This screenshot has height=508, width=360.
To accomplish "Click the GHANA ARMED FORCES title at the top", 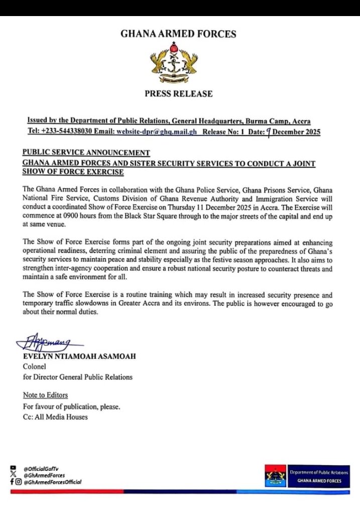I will pos(178,34).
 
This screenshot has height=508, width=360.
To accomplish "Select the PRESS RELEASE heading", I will pos(178,94).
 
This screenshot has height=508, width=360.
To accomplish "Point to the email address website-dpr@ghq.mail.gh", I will pos(157,132).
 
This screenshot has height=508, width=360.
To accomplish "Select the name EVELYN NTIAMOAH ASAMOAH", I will pos(79,356).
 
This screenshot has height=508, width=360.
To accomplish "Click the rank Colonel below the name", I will pos(35,366).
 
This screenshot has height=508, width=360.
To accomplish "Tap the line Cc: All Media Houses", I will pos(55,417).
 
